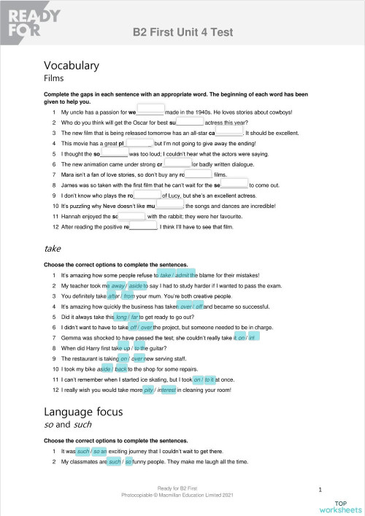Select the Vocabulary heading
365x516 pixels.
(x=72, y=66)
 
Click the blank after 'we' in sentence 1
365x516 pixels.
(x=150, y=112)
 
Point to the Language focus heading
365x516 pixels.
(x=84, y=412)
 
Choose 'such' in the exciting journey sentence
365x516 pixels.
(x=82, y=452)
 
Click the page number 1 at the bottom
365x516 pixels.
(x=320, y=489)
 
